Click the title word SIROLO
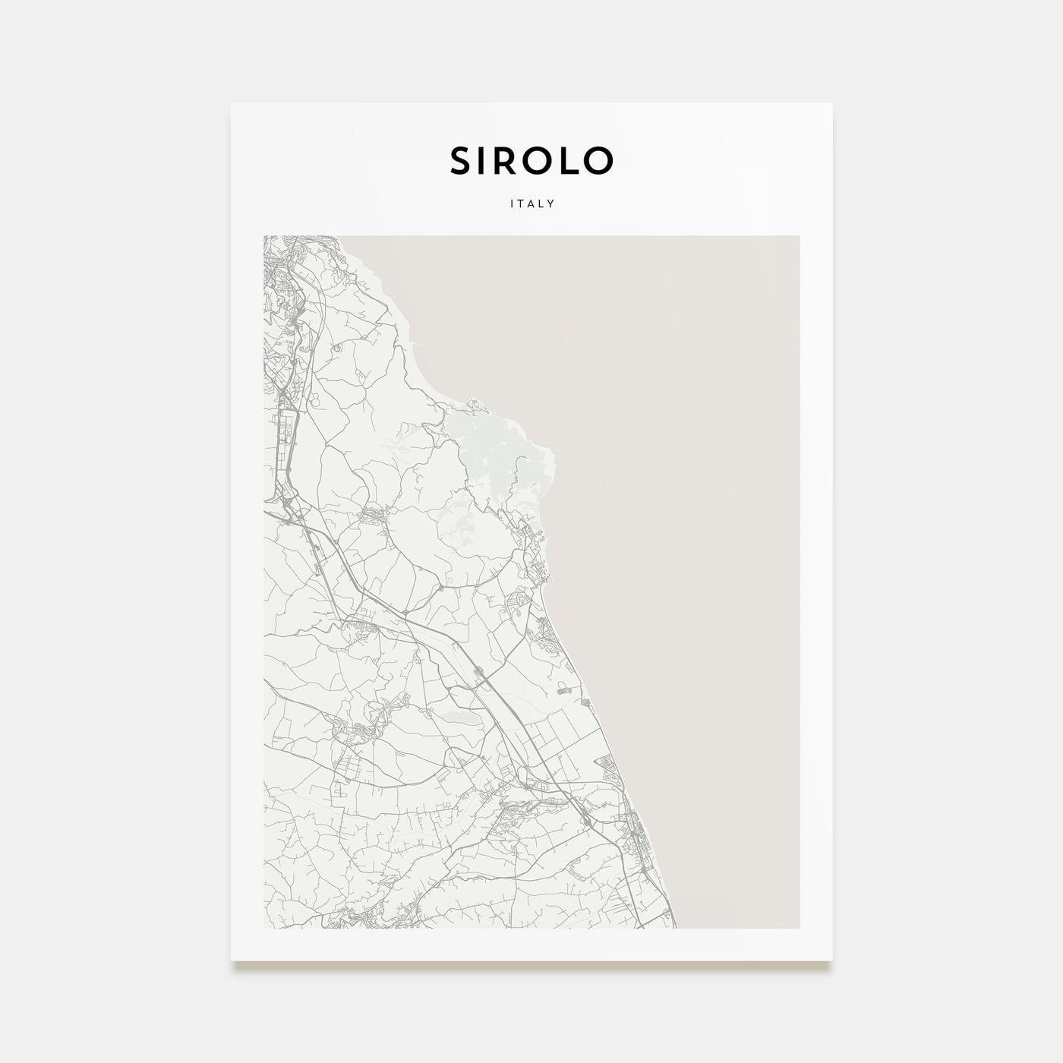531,160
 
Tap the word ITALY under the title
531,203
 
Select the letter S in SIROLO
461,160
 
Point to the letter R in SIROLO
513,160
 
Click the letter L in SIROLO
568,160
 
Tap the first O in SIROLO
540,160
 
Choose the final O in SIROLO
598,160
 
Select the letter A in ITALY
531,203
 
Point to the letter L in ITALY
543,203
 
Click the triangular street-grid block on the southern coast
612,767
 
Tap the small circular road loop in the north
336,349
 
